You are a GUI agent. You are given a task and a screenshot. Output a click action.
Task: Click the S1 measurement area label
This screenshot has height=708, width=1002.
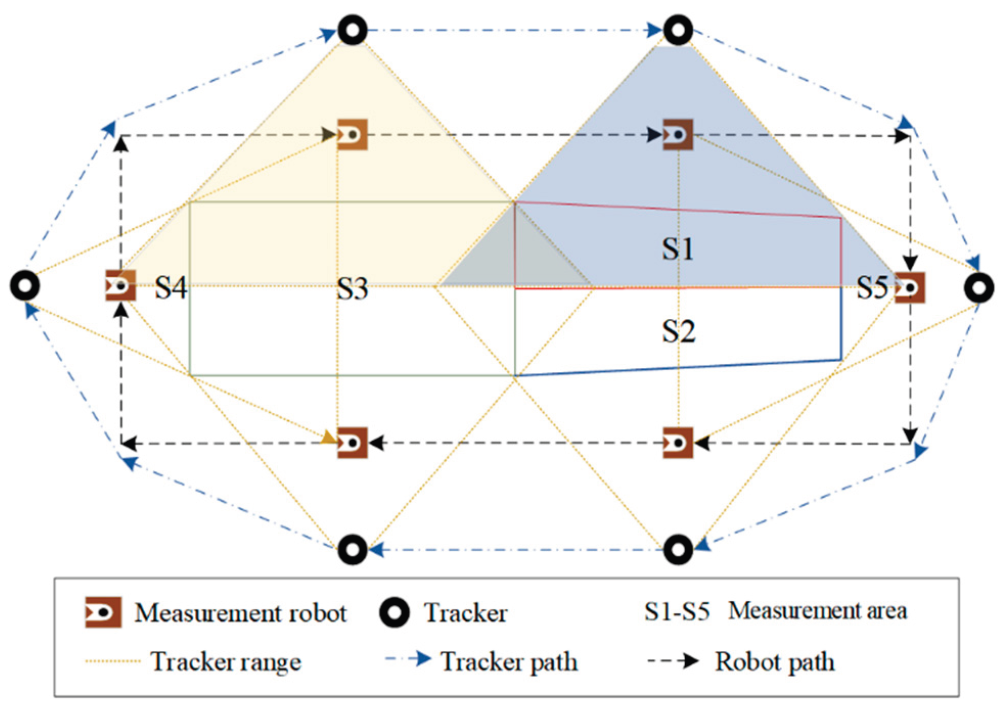click(678, 250)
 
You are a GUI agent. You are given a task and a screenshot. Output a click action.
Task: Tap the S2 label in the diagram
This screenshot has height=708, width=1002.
click(678, 332)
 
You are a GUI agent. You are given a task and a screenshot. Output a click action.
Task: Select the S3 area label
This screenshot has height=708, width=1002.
click(352, 289)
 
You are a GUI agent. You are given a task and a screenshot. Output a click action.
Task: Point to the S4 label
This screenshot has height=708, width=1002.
click(171, 287)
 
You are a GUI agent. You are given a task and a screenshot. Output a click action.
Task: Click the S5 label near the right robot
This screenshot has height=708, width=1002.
click(872, 287)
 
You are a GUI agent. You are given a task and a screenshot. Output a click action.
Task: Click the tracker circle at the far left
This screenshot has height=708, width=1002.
click(25, 286)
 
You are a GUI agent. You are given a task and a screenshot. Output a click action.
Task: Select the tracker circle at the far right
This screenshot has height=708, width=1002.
click(978, 288)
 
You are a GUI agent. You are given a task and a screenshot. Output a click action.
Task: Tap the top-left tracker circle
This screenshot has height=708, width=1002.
click(352, 30)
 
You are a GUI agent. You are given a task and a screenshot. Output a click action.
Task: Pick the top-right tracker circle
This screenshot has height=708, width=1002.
click(678, 30)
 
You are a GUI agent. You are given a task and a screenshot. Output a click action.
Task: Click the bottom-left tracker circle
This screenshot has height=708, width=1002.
click(352, 550)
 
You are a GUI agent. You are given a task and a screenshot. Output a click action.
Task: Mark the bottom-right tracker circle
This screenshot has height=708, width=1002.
click(678, 550)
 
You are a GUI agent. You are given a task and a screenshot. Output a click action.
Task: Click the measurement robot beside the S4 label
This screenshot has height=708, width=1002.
click(121, 286)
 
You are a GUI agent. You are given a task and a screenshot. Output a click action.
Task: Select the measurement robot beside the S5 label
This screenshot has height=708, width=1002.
click(909, 288)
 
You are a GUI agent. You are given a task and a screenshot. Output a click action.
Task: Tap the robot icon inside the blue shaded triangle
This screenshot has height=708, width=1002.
click(678, 135)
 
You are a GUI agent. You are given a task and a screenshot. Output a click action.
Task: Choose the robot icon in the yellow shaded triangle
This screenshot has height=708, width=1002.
click(352, 135)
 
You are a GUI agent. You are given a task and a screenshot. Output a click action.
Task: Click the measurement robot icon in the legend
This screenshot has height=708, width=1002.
click(103, 612)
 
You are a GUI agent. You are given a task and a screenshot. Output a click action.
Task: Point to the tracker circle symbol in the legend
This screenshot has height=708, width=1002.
click(394, 612)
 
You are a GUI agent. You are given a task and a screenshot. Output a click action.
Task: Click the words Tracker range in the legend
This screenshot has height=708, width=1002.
click(225, 662)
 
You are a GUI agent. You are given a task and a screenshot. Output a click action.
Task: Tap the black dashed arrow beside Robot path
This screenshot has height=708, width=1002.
click(673, 661)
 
